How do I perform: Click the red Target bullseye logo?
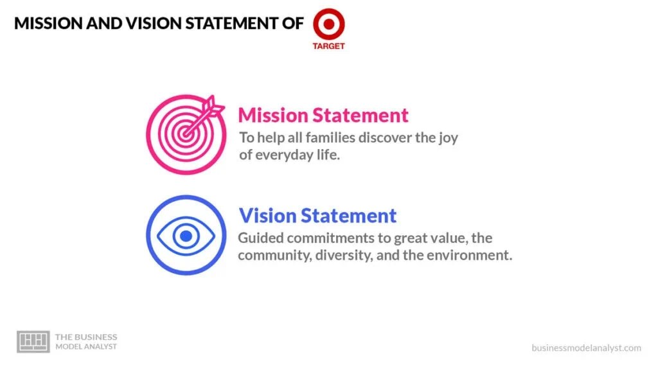click(328, 24)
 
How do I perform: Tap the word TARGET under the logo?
click(328, 46)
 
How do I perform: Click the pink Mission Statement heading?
click(323, 115)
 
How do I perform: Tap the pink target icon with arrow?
click(186, 134)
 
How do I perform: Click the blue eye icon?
click(186, 236)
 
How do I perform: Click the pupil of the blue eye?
click(186, 236)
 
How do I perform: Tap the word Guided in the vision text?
click(260, 238)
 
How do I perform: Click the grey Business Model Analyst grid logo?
click(33, 342)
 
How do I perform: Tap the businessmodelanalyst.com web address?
click(586, 348)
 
